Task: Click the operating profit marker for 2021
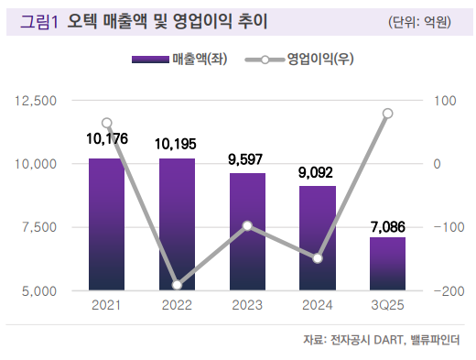107,123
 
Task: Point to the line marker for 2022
177,285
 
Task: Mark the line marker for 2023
247,225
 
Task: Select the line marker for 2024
318,258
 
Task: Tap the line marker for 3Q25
387,114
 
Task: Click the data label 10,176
106,139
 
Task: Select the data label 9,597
247,158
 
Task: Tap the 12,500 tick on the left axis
37,99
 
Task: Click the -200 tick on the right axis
449,291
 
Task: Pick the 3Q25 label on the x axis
387,305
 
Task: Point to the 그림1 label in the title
40,20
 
